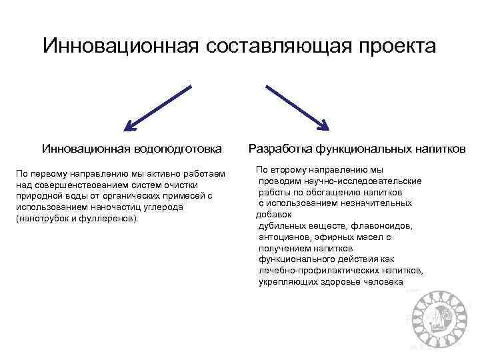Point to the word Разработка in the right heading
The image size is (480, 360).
280,148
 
